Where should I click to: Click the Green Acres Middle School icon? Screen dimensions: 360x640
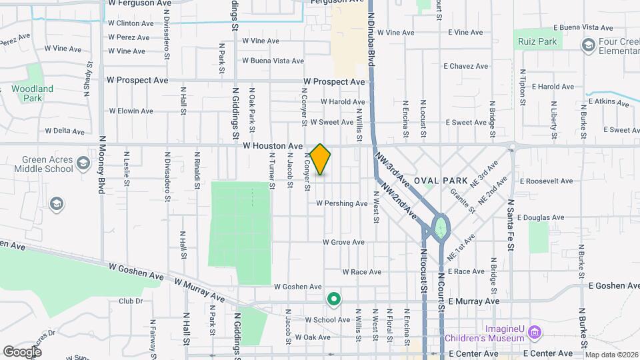click(83, 163)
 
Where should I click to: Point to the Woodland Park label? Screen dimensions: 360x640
click(32, 93)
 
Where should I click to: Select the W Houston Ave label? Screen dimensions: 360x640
click(273, 145)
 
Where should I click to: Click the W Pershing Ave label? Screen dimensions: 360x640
click(342, 203)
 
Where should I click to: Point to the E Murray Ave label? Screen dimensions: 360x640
click(473, 301)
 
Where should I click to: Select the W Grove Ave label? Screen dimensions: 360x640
click(343, 242)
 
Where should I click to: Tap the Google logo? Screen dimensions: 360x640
click(22, 351)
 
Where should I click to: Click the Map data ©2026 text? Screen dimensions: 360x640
click(611, 355)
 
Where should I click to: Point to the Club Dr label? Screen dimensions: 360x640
click(131, 301)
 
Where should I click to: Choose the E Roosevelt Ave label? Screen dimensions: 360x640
click(547, 181)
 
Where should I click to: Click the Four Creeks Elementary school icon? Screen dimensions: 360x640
click(588, 45)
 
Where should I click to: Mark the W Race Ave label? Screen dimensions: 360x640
click(361, 271)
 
